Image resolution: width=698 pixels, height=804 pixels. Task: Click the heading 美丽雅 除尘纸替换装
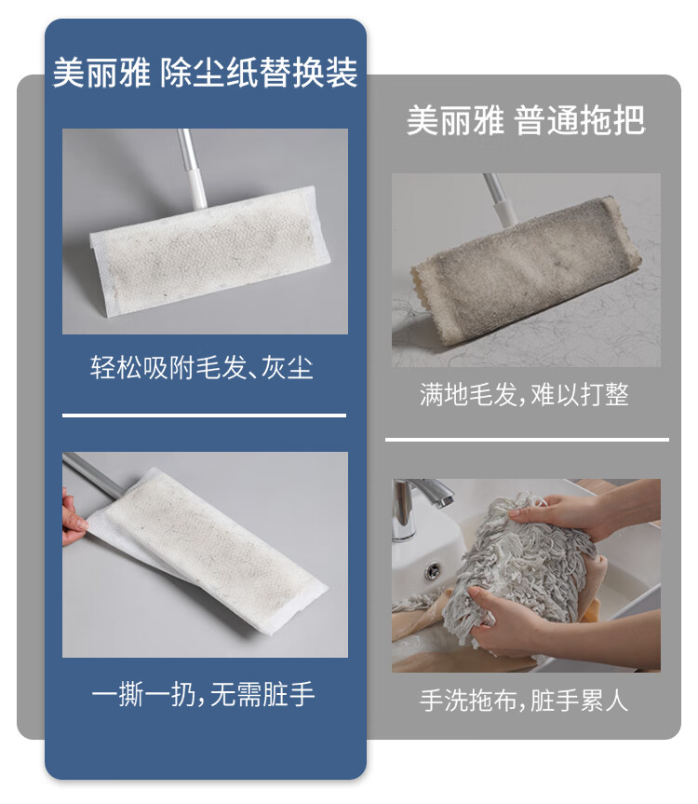click(205, 74)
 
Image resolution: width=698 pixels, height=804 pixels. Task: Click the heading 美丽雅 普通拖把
click(525, 120)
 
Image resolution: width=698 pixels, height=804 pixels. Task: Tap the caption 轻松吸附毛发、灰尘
click(202, 367)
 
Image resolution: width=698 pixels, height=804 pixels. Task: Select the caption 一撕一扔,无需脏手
click(204, 694)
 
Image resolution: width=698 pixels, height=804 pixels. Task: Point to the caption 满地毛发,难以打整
click(525, 394)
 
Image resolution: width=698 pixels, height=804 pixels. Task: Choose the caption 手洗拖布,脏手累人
click(525, 701)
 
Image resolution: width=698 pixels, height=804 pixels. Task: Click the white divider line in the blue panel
click(204, 416)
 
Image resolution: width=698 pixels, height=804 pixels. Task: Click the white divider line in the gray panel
click(527, 440)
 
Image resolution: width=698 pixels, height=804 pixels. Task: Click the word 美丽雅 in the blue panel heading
click(101, 74)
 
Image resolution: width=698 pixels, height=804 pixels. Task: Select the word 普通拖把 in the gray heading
click(579, 120)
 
